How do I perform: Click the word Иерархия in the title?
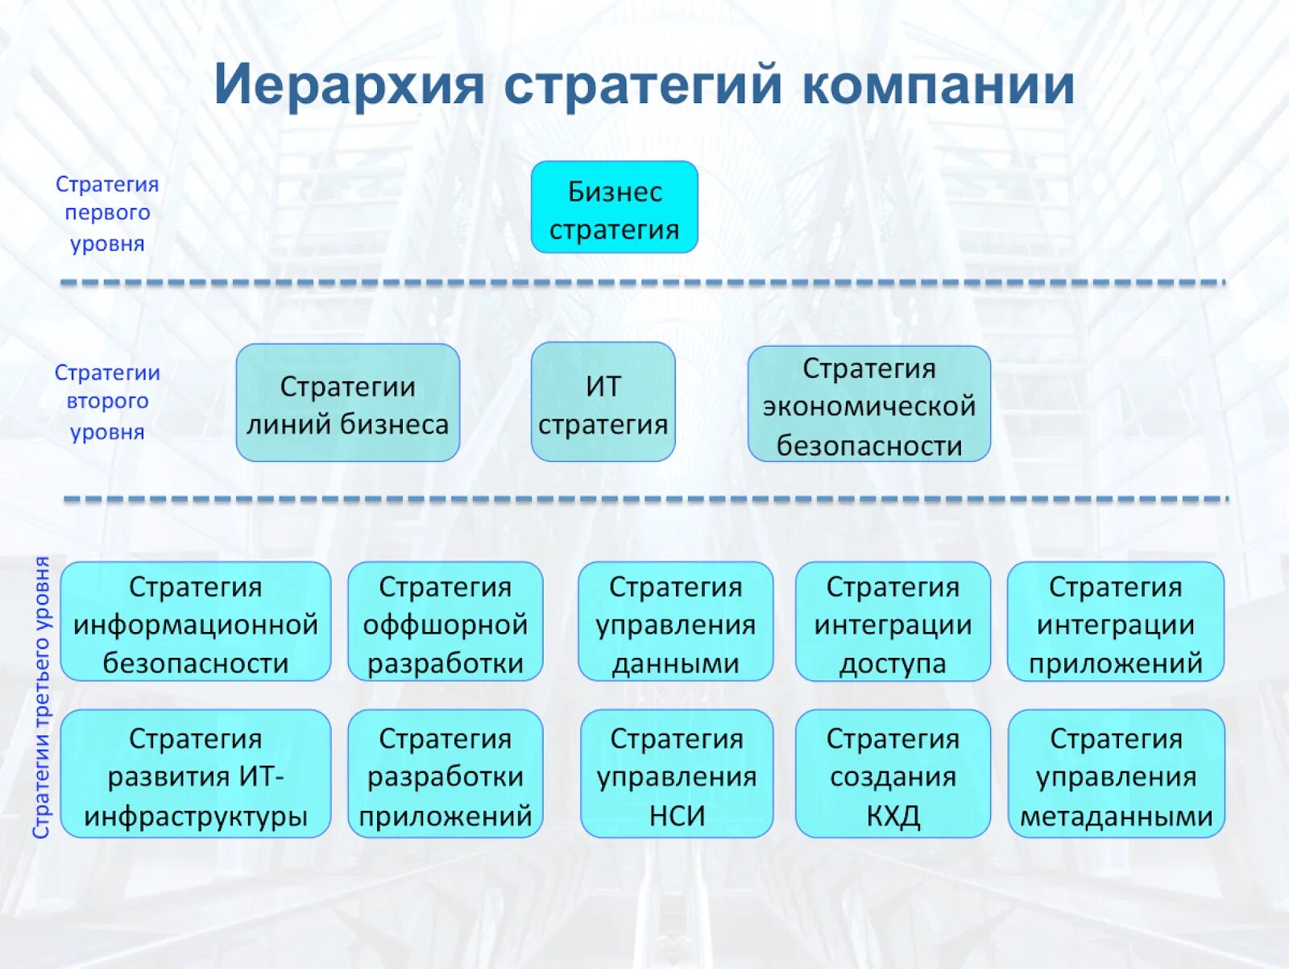(x=349, y=85)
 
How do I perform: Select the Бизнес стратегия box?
(x=614, y=208)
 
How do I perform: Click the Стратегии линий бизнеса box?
(x=347, y=404)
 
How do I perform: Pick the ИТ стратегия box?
(x=603, y=403)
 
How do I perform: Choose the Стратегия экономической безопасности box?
(x=868, y=405)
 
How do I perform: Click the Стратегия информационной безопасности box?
(x=195, y=622)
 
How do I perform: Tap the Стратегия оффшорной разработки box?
(x=445, y=622)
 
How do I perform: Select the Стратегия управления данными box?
(x=675, y=622)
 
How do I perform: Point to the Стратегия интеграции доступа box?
(x=893, y=622)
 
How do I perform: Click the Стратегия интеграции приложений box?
(x=1115, y=622)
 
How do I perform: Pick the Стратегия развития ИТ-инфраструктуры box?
(x=195, y=774)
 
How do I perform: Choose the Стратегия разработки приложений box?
(x=445, y=774)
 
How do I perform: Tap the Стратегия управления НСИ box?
(x=676, y=774)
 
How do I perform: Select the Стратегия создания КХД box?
(x=893, y=774)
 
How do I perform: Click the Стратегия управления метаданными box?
(x=1116, y=774)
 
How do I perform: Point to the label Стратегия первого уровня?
(x=107, y=214)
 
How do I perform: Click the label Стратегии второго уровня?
(x=107, y=401)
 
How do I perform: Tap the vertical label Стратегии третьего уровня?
(x=42, y=697)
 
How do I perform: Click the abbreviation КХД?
(x=893, y=816)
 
